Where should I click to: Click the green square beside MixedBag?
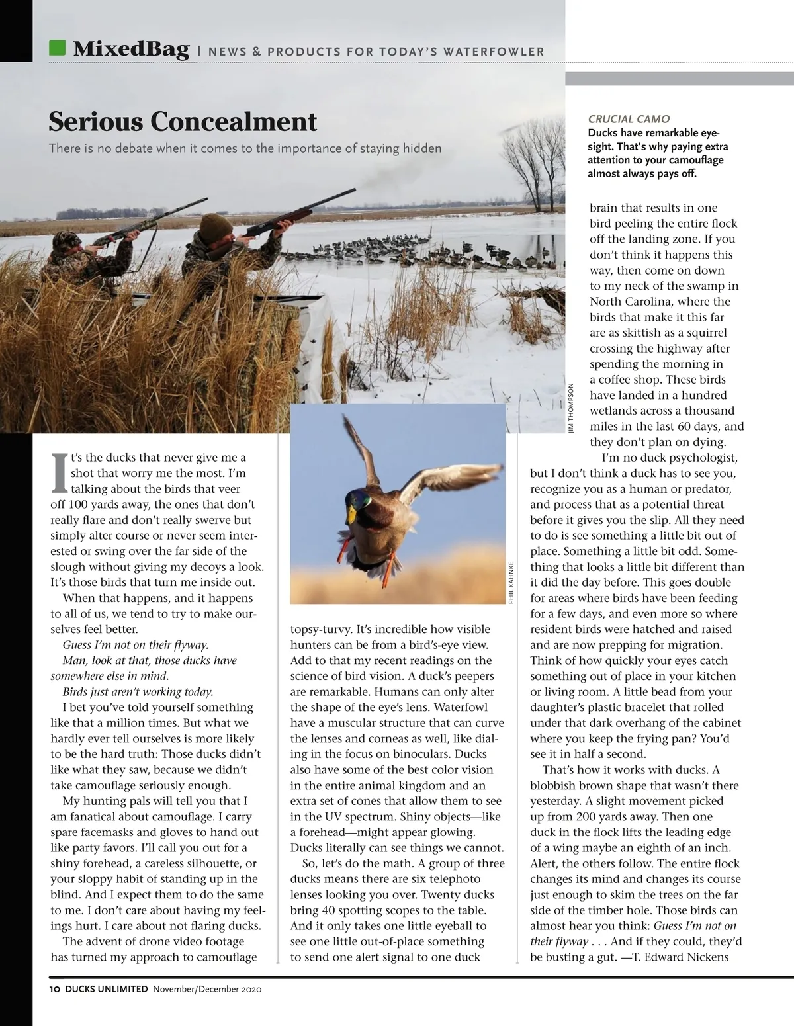click(x=58, y=48)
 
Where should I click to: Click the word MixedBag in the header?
click(x=131, y=49)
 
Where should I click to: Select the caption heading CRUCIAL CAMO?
click(x=629, y=119)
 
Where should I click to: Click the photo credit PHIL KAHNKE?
click(x=511, y=582)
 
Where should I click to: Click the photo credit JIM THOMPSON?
click(x=572, y=408)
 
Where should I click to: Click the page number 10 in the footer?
click(x=55, y=990)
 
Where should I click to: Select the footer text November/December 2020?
click(x=208, y=990)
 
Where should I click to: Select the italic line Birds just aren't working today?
click(x=138, y=692)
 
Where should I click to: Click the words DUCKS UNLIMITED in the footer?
click(x=106, y=990)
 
